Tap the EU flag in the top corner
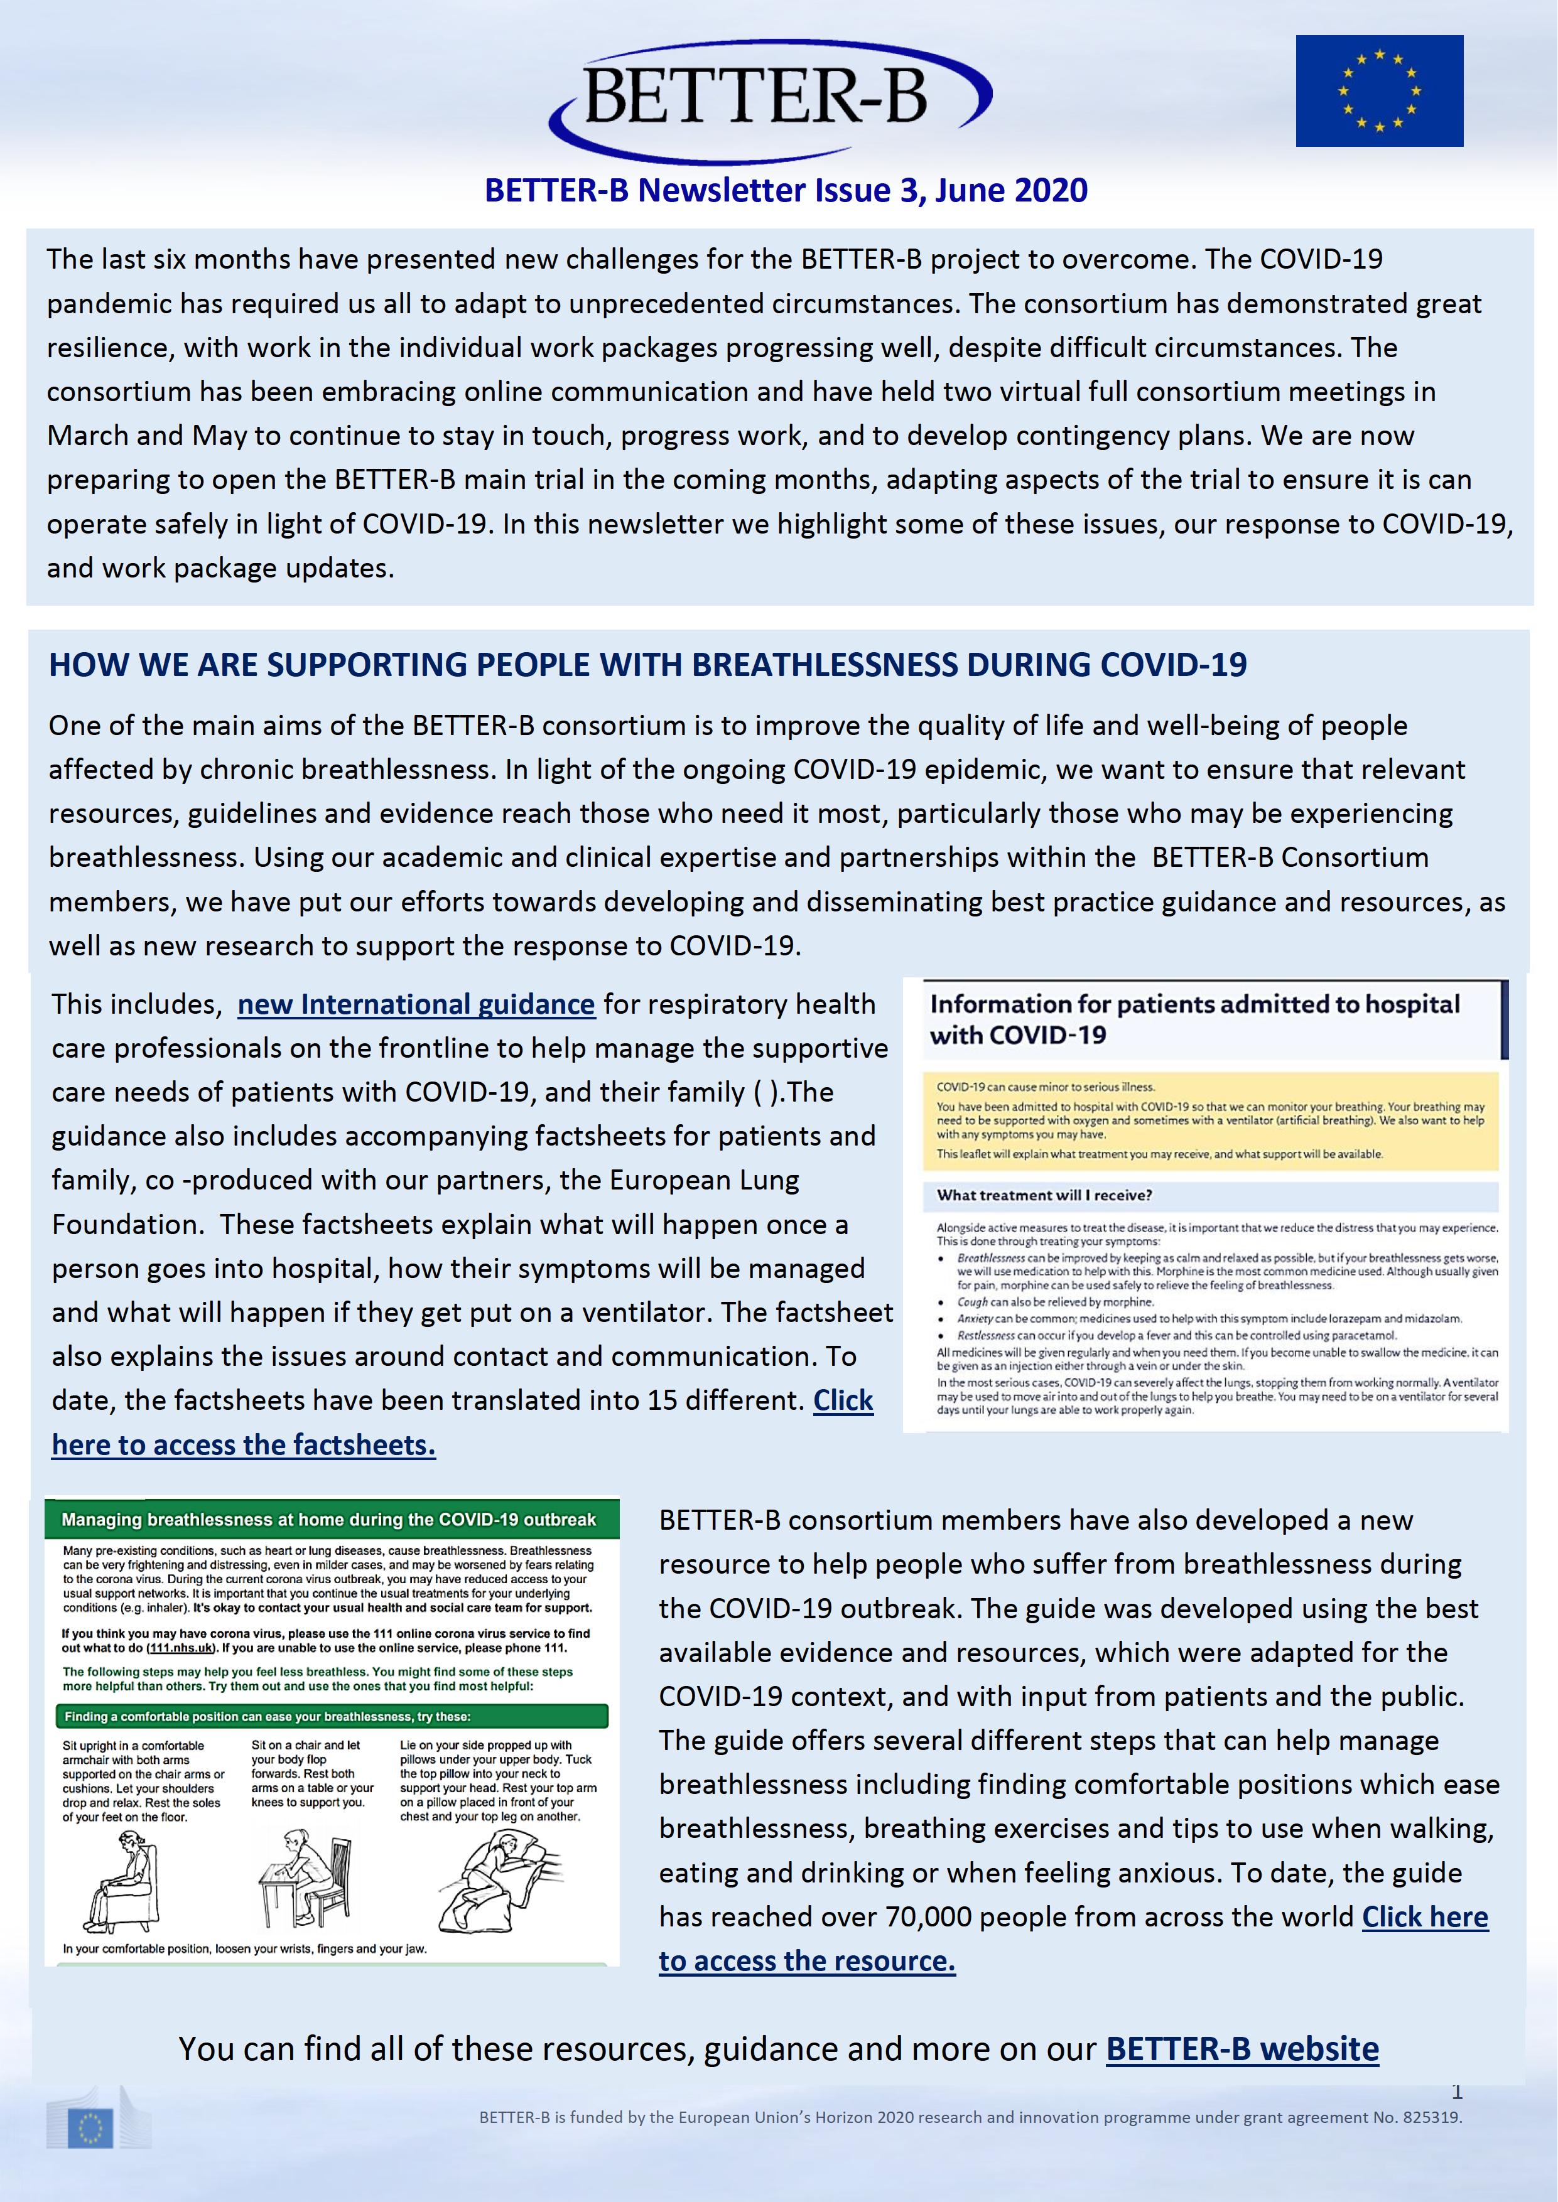pyautogui.click(x=1378, y=91)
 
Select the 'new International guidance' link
pyautogui.click(x=415, y=1004)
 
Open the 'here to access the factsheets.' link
pyautogui.click(x=244, y=1444)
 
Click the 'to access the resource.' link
pyautogui.click(x=807, y=1960)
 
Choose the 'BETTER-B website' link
pyautogui.click(x=1242, y=2049)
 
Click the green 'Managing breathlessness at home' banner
pyautogui.click(x=329, y=1519)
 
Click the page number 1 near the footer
pyautogui.click(x=1456, y=2092)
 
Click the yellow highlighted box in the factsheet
pyautogui.click(x=1209, y=1120)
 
